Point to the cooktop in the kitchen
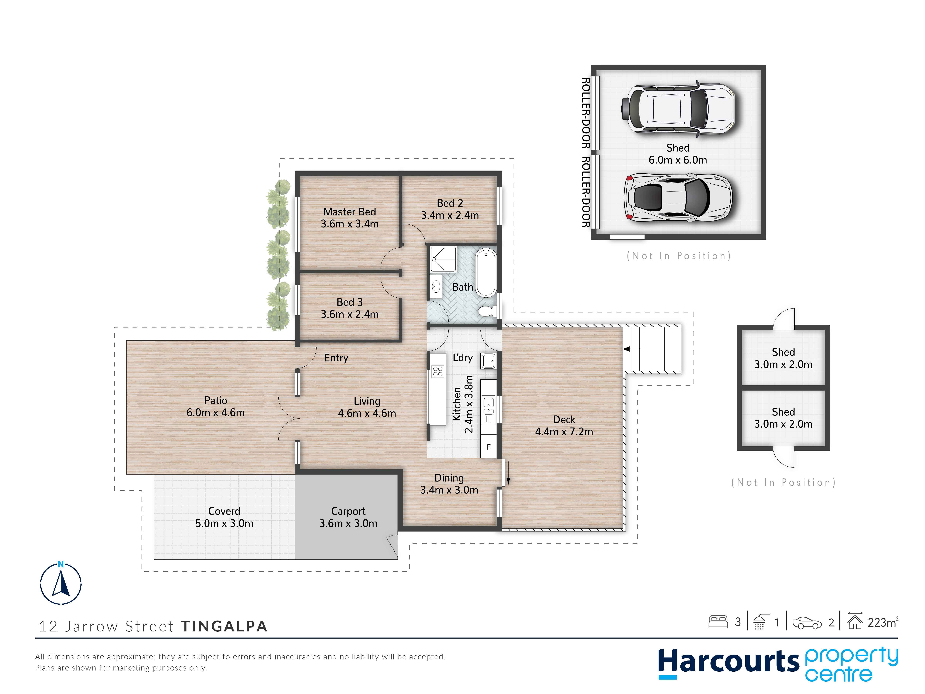(x=438, y=371)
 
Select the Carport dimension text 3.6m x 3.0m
(x=348, y=523)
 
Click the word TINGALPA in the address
(x=224, y=626)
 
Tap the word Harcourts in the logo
(x=729, y=662)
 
